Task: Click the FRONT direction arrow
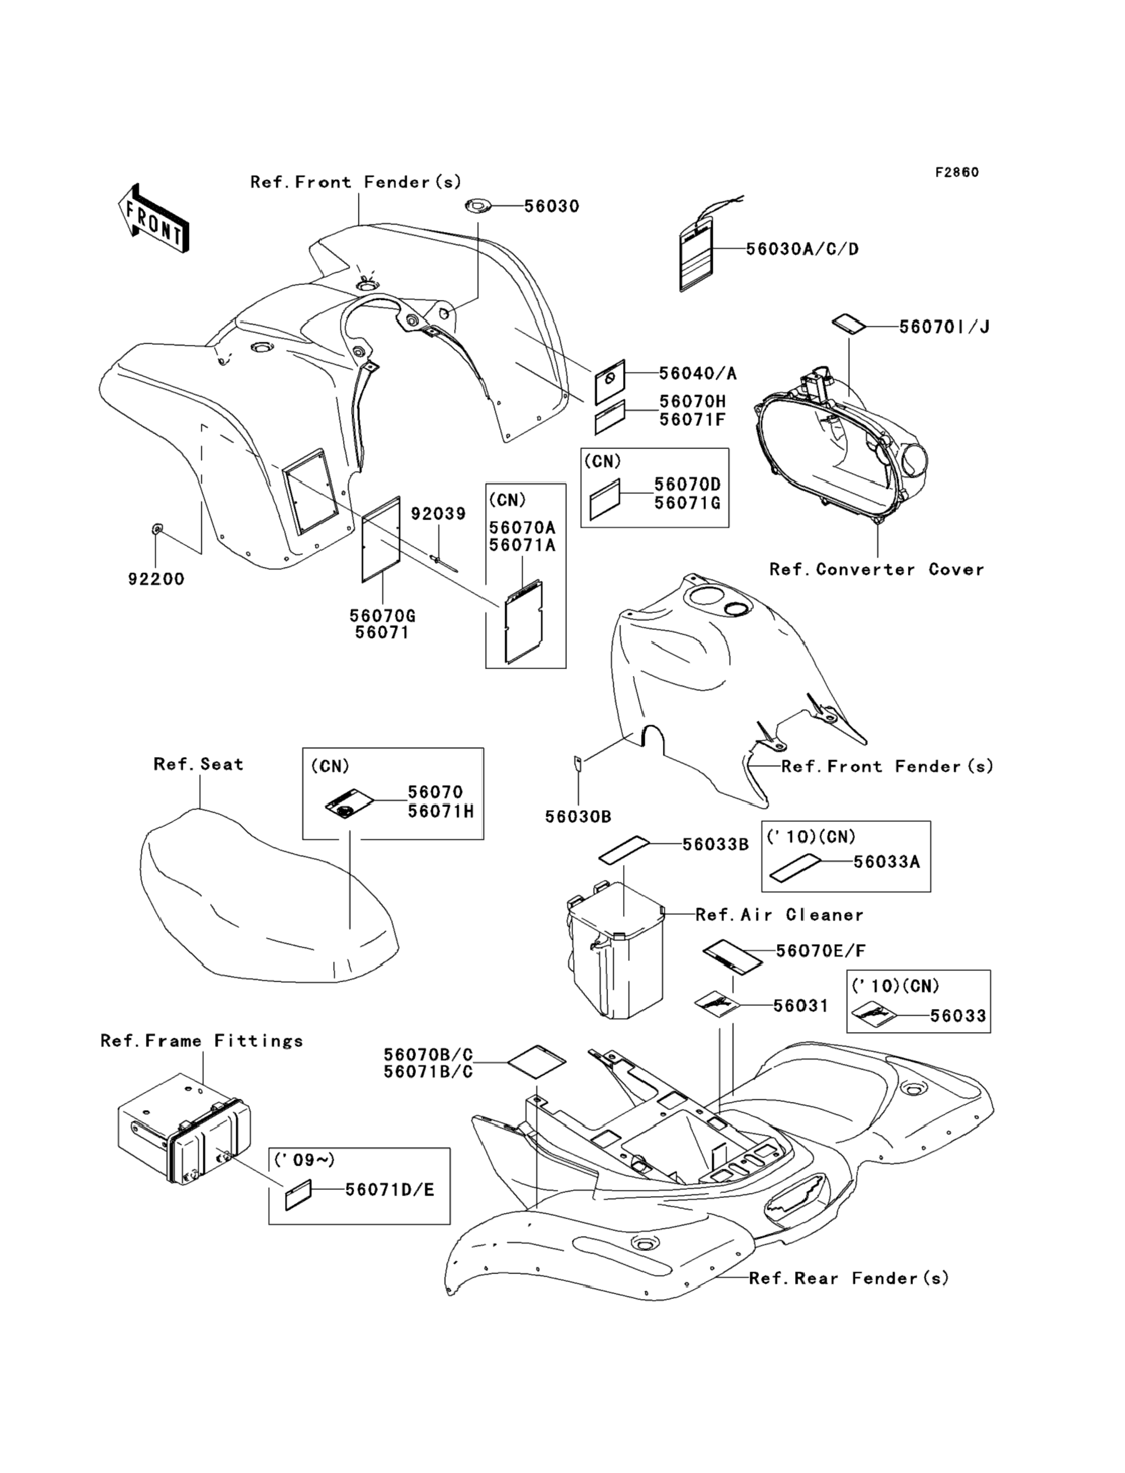point(153,218)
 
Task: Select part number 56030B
point(578,817)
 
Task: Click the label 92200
point(156,579)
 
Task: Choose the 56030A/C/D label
point(802,249)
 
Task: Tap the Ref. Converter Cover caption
point(877,570)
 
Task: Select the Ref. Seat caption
point(198,764)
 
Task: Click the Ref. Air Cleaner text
point(780,915)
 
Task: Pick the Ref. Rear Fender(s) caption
point(849,1278)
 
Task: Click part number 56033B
point(715,845)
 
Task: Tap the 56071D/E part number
point(390,1189)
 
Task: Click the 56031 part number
point(801,1006)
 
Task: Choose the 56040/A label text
point(698,374)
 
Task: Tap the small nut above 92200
point(155,529)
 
